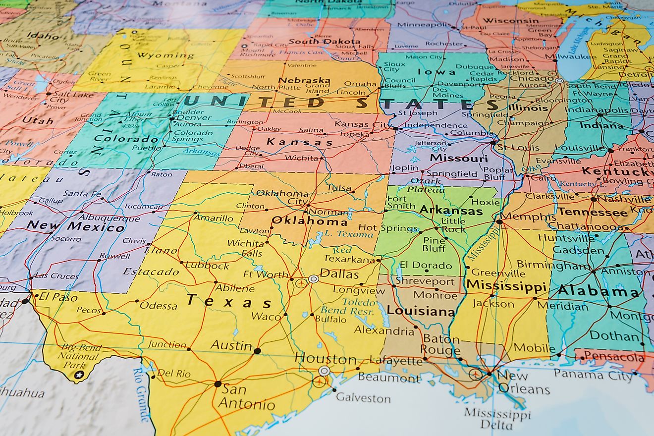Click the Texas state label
click(229, 301)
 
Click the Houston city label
click(326, 358)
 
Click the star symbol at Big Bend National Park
click(78, 375)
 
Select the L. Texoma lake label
click(342, 234)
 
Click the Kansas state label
click(299, 142)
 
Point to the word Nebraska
click(304, 80)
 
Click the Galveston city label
click(363, 398)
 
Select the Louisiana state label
click(421, 311)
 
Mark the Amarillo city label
click(214, 218)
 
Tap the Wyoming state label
click(165, 55)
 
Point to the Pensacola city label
click(614, 356)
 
